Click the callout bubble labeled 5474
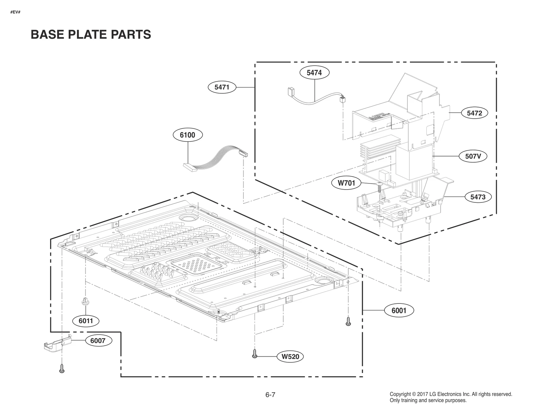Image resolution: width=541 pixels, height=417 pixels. coord(314,73)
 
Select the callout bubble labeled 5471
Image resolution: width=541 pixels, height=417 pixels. coord(222,87)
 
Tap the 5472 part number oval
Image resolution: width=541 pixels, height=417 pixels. coord(474,113)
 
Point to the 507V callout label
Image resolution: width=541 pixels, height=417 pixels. coord(473,156)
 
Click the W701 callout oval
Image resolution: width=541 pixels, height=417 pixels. coord(347,183)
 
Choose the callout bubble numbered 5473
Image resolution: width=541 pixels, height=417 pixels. coord(477,197)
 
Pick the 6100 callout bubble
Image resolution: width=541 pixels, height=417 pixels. coord(187,135)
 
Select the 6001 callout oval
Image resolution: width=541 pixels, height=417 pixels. coord(399,311)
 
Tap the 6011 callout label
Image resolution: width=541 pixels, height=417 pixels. coord(86,321)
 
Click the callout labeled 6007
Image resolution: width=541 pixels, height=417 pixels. coord(98,341)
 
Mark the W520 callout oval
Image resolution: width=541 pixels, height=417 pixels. coord(290,357)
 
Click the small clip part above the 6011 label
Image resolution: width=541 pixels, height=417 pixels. coord(85,301)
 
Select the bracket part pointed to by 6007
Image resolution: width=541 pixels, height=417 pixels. coord(58,344)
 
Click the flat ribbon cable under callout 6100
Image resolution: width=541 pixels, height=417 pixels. coord(216,157)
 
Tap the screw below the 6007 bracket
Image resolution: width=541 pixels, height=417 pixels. coord(62,368)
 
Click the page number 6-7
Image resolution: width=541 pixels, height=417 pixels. coord(270,395)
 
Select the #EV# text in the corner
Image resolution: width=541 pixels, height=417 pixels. coord(16,12)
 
